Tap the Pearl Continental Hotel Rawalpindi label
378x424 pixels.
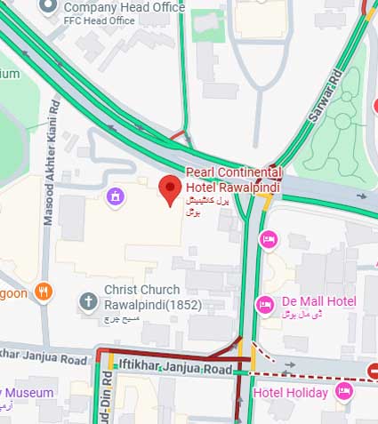click(x=233, y=178)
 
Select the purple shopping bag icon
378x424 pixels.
click(x=115, y=195)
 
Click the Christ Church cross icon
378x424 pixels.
click(x=88, y=301)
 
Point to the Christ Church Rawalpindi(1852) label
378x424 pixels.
click(x=142, y=296)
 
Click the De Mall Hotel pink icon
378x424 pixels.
click(x=264, y=304)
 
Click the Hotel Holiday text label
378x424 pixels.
click(x=290, y=392)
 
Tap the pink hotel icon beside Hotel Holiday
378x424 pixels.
click(x=344, y=390)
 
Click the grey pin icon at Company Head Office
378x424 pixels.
click(x=72, y=7)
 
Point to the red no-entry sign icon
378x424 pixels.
click(x=374, y=371)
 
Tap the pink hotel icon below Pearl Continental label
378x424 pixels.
click(x=268, y=238)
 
